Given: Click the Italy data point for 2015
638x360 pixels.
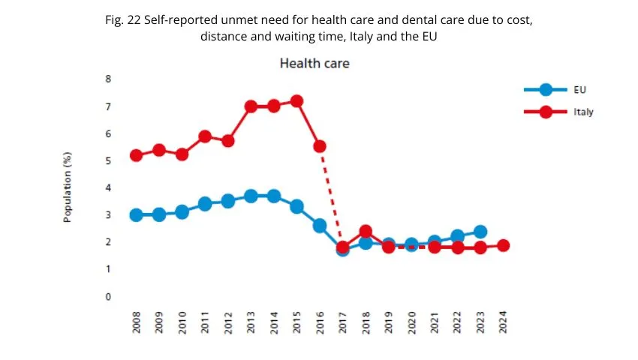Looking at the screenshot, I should point(296,101).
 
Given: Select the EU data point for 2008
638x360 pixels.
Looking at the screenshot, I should point(137,215).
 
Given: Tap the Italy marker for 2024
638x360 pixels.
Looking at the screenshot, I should point(503,245).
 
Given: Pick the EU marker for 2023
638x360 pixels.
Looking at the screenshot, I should point(480,232).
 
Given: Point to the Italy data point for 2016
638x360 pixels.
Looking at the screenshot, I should point(320,146).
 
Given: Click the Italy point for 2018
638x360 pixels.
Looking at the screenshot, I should point(366,232).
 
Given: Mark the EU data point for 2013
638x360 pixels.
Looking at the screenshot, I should point(251,196).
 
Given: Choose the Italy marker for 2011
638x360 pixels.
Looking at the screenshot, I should point(205,136).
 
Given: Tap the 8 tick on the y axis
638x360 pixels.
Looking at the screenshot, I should point(108,79).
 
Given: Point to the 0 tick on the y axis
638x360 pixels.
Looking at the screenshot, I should point(108,296).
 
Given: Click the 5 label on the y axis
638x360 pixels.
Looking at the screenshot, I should point(108,160).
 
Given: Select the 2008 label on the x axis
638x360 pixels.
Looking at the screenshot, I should point(137,326).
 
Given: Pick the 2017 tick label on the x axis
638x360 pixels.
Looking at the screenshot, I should point(343,326).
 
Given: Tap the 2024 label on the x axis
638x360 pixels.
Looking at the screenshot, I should point(503,326).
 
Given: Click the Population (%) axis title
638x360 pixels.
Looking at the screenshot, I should point(68,187).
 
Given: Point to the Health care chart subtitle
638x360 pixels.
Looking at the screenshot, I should point(314,64).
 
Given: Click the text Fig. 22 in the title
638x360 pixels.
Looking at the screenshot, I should point(124,21).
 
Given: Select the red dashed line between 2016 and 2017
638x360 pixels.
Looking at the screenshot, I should point(331,196).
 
